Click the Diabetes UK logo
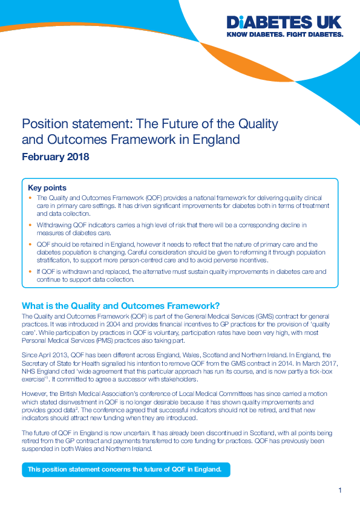pos(284,23)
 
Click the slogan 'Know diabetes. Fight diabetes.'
pos(284,35)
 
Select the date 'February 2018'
pos(55,157)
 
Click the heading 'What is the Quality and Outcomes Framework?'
pos(120,305)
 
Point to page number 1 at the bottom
pos(340,490)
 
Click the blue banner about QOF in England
pos(126,469)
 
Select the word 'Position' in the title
pos(43,124)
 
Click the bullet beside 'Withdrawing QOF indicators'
pos(31,225)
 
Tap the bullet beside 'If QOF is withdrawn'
pos(31,272)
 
